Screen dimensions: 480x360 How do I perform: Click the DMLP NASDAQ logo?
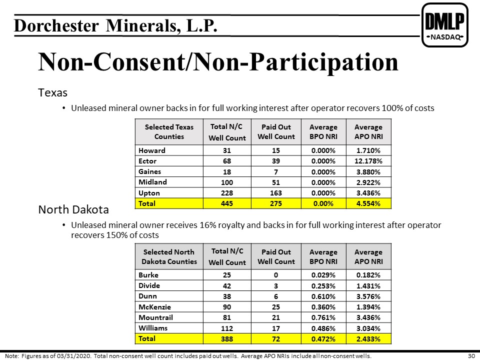(x=445, y=25)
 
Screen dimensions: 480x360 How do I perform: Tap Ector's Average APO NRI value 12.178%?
(x=368, y=161)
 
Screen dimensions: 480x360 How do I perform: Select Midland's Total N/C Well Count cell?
(x=227, y=182)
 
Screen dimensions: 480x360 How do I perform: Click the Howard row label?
(x=152, y=150)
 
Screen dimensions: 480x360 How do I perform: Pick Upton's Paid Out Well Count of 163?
(x=276, y=193)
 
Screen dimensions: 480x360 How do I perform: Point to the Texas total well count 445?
(x=227, y=203)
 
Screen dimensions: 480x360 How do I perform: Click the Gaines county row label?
(x=149, y=171)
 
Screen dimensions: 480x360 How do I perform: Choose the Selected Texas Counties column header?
(x=169, y=131)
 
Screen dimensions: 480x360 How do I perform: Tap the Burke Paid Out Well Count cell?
(x=276, y=275)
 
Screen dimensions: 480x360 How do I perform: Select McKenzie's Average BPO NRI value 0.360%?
(x=323, y=307)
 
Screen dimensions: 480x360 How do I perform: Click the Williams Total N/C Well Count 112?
(x=227, y=328)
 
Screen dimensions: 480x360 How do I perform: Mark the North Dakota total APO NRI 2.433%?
(x=368, y=339)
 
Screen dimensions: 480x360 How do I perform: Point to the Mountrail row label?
(x=155, y=317)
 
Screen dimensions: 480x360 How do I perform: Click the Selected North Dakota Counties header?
(x=169, y=256)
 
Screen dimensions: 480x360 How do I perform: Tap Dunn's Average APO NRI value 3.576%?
(x=368, y=296)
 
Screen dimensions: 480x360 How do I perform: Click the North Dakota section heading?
(x=73, y=209)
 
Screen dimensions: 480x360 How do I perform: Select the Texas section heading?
(x=52, y=92)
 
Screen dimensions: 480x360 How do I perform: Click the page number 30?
(x=471, y=356)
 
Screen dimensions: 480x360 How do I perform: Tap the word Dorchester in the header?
(x=56, y=25)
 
